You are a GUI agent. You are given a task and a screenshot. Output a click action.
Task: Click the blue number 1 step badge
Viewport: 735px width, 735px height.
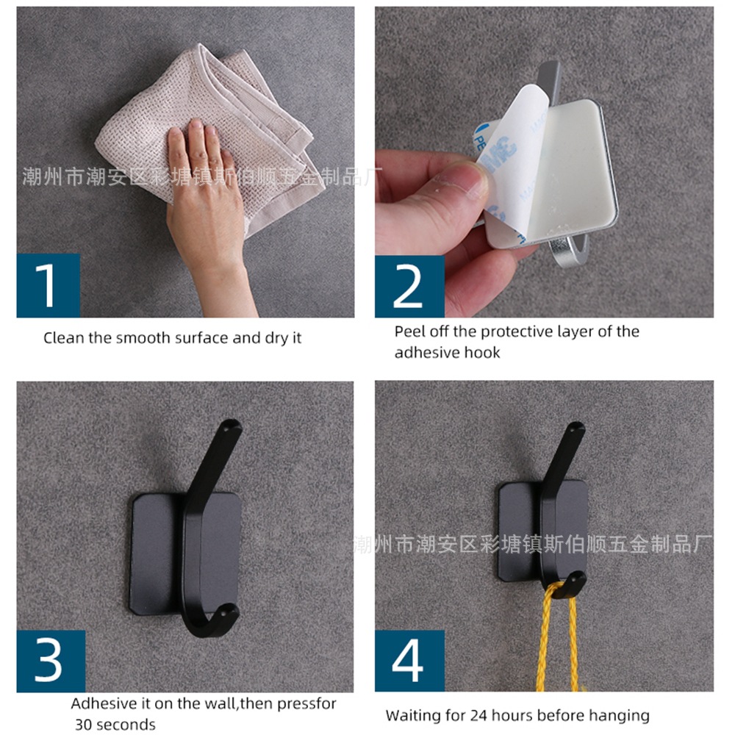point(49,285)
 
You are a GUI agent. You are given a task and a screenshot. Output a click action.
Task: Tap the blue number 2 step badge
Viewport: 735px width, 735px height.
point(409,286)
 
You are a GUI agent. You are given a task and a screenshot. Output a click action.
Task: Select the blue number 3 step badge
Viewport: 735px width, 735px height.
point(51,661)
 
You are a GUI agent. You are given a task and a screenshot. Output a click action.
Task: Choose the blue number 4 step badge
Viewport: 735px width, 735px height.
point(409,661)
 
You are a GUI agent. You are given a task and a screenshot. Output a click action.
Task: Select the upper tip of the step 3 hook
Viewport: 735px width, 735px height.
point(232,426)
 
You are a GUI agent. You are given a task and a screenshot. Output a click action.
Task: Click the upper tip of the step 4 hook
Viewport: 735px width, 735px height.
point(576,429)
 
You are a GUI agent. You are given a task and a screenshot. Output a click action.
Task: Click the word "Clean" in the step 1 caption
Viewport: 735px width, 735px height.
point(64,338)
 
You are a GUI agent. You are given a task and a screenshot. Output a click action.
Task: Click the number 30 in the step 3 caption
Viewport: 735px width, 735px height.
point(85,724)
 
